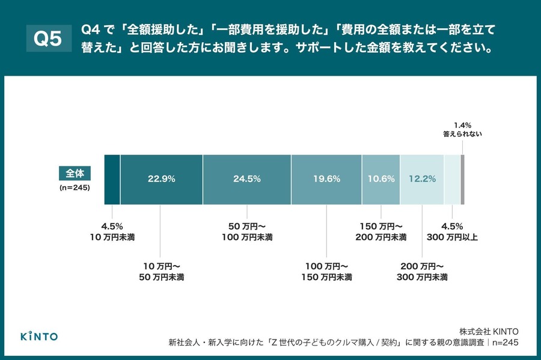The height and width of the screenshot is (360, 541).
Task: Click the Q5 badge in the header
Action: coord(47,39)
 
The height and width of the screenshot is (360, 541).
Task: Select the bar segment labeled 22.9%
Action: coord(161,179)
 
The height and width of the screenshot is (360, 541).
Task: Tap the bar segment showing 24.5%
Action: coord(246,179)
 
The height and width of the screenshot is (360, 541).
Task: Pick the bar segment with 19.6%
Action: coord(326,179)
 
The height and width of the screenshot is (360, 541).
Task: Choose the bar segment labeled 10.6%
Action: coord(381,179)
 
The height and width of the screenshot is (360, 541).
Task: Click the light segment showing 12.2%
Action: coord(422,179)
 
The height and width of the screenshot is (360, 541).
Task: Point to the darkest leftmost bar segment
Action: coord(112,179)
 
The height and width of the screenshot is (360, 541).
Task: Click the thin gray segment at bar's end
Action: coord(462,179)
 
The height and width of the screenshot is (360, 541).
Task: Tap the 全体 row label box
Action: coord(75,173)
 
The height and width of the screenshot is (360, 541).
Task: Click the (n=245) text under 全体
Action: coord(75,188)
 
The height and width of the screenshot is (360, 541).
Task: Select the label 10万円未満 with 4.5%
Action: coord(112,232)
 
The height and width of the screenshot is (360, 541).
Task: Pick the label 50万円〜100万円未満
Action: coord(248,232)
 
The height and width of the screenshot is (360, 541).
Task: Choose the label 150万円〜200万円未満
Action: coord(381,232)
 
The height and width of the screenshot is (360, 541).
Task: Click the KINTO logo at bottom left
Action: coord(39,336)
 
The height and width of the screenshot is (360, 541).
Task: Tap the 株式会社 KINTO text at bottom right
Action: coord(488,331)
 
